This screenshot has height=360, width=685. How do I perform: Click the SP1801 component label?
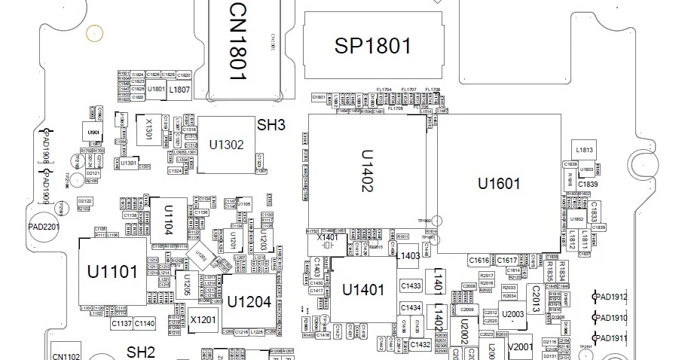[372, 46]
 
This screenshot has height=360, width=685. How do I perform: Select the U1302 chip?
[226, 145]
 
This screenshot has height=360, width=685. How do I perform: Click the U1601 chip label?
[499, 183]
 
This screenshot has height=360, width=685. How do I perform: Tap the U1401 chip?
[363, 290]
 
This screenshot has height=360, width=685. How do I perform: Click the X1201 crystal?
[203, 319]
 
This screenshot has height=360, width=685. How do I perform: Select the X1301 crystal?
[148, 130]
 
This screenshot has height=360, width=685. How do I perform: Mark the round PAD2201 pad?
[44, 227]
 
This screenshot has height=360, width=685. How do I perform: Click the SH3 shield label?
[271, 125]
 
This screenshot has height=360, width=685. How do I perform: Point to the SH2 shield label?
[140, 352]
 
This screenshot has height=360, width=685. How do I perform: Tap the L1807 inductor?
[179, 90]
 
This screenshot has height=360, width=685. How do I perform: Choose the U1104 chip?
[169, 219]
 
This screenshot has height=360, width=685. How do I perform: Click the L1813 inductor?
[585, 150]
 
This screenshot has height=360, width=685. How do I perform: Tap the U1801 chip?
[157, 90]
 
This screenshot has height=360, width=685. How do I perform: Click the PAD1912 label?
[612, 297]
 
